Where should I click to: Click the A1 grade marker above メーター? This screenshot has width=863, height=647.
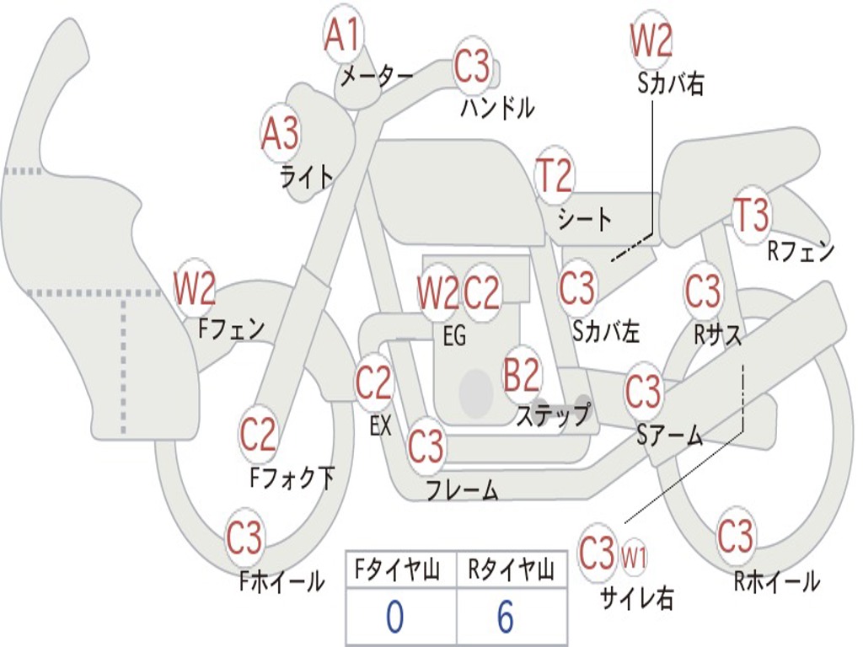click(x=342, y=35)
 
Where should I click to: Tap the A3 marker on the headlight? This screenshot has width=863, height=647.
click(x=281, y=134)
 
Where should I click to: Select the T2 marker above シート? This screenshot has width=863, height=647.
click(x=555, y=174)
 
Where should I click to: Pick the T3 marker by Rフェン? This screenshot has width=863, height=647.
click(x=752, y=215)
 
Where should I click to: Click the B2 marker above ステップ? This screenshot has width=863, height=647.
click(x=523, y=375)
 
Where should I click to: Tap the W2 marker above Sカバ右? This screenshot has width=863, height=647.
click(x=651, y=40)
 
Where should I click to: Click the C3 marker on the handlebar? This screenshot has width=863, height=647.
click(x=472, y=66)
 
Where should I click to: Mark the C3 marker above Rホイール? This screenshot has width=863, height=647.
click(x=735, y=535)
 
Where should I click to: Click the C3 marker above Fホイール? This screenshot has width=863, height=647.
click(x=244, y=536)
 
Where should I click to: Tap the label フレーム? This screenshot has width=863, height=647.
click(x=463, y=489)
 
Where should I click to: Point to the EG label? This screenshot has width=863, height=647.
click(x=454, y=335)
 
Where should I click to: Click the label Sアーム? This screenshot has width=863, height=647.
click(x=670, y=435)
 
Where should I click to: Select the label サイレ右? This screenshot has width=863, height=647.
click(x=636, y=598)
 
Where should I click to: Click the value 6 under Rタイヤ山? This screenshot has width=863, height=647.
click(x=506, y=616)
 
